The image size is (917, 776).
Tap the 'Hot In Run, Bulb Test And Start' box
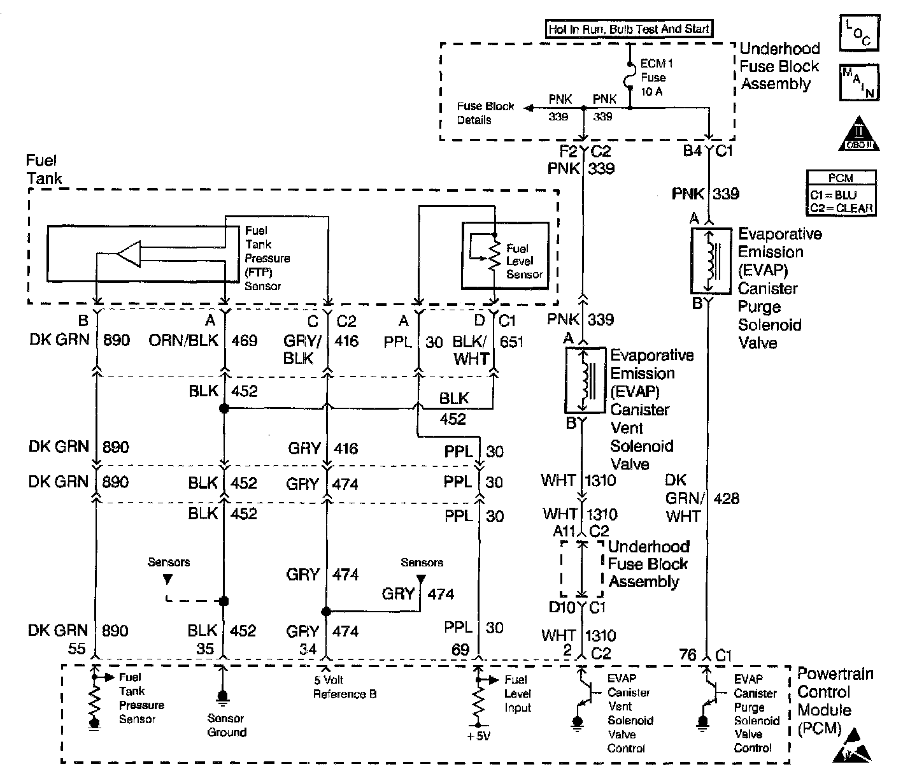point(630,29)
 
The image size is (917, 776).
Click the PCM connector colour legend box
point(841,193)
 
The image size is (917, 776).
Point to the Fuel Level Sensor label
point(523,261)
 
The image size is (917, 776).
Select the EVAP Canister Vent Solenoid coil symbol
point(583,380)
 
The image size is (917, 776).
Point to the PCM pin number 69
point(460,650)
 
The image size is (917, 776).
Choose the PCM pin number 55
point(76,649)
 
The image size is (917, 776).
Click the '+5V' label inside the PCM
point(479,736)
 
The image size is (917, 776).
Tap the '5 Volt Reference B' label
point(345,687)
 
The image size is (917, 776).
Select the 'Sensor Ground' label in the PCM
point(227,725)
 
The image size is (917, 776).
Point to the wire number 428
point(726,498)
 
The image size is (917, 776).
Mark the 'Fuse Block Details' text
point(485,113)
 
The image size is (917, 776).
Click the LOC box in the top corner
point(858,33)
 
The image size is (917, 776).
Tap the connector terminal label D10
point(562,607)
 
